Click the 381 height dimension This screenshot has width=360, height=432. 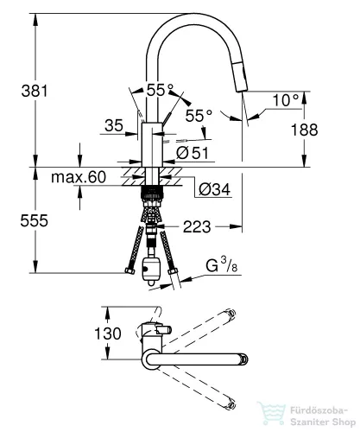pos(35,91)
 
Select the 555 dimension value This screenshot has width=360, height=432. pos(35,221)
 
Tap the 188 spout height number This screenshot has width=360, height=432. pos(305,130)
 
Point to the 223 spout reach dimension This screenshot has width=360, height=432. pos(197,227)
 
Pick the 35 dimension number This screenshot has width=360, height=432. pos(114,125)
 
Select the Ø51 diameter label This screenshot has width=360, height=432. pos(193,153)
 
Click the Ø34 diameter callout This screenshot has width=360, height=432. pos(215,189)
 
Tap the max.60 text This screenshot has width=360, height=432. pos(79,177)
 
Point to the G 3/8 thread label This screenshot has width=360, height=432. pos(221,265)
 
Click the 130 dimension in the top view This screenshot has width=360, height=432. pos(108,334)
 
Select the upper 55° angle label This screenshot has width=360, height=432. pos(160,90)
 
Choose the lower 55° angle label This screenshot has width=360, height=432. pos(199,116)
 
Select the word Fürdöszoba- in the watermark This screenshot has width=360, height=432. pos(319,410)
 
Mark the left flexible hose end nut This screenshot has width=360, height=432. pos(129,271)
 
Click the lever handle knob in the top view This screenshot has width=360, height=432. pos(164,329)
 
